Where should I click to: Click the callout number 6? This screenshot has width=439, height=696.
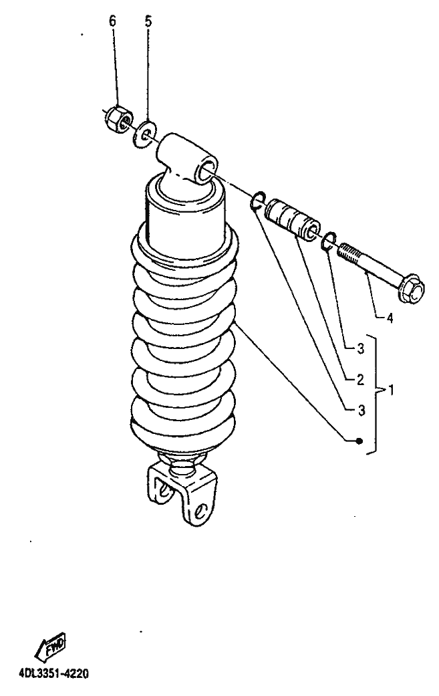(112, 21)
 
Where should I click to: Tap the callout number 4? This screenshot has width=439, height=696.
(390, 318)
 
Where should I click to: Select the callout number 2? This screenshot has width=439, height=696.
(360, 380)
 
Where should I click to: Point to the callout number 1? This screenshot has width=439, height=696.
(391, 390)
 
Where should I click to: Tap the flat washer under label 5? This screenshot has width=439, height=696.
(145, 132)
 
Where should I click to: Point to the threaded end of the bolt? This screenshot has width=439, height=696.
(351, 254)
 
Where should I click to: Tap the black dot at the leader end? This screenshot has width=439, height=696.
(359, 441)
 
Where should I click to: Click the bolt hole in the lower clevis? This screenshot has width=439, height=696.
(202, 509)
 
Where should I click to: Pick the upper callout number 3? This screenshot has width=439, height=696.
(361, 349)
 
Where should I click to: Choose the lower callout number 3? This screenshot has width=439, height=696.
(361, 411)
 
